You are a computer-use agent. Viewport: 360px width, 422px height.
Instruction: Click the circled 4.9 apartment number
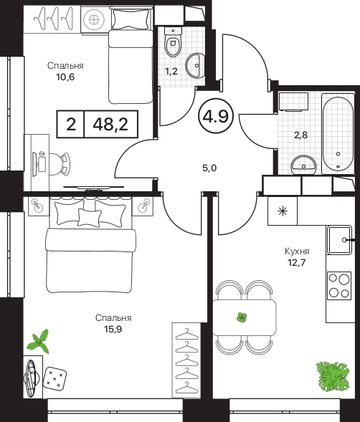216,116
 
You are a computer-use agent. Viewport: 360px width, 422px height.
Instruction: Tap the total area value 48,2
110,124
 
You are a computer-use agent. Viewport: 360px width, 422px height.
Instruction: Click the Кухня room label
297,251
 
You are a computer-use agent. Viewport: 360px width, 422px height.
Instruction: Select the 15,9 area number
113,329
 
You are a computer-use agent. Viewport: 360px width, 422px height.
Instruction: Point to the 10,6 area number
65,77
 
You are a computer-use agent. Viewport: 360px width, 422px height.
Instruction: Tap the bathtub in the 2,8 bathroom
338,134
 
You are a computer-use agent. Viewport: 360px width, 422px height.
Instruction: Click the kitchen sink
339,240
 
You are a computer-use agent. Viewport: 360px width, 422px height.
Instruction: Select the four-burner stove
339,286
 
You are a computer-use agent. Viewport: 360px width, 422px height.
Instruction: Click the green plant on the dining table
242,317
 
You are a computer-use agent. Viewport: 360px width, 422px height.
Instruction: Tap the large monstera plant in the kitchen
333,375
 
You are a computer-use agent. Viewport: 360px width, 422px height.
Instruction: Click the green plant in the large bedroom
39,342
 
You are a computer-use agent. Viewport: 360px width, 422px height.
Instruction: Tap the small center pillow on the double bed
90,217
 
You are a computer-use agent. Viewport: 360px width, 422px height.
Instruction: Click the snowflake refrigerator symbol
283,211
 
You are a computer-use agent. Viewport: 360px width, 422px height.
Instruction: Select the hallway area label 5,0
209,168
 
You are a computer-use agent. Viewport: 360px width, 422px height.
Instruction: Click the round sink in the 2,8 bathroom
303,164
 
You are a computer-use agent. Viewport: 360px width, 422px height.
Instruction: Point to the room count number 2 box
70,124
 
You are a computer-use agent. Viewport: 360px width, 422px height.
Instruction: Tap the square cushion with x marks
55,378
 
